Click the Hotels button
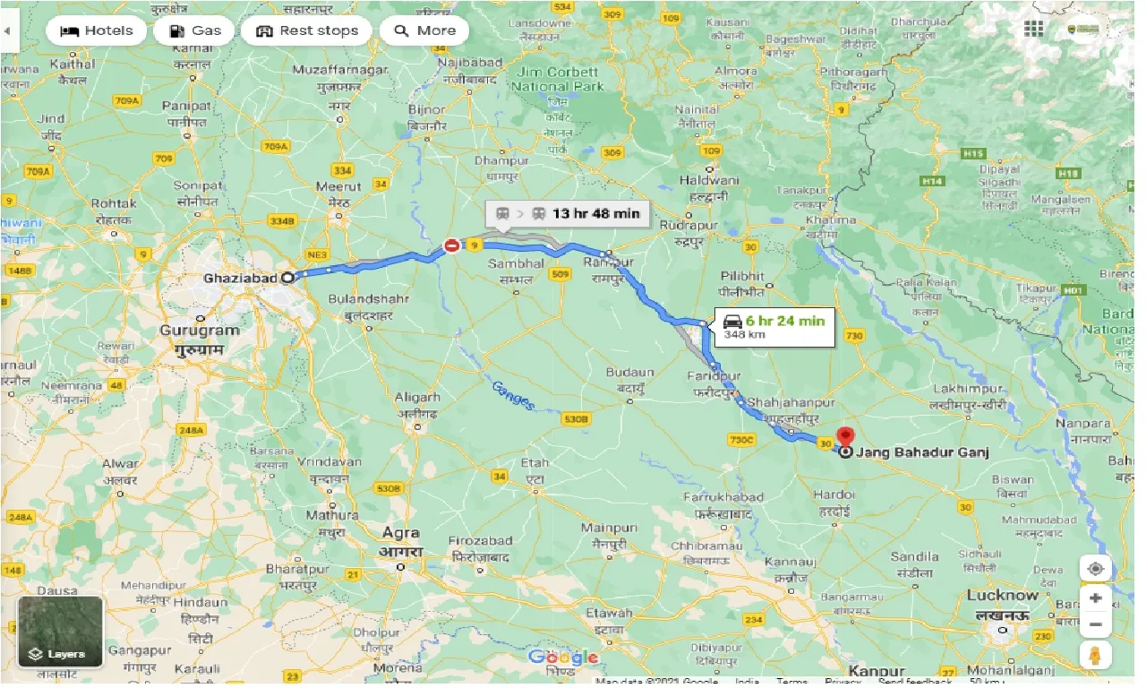click(x=96, y=30)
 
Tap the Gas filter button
click(x=194, y=30)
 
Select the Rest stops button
click(x=306, y=30)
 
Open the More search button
click(x=424, y=30)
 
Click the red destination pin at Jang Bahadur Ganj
click(x=844, y=438)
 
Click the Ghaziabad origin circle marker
click(x=287, y=278)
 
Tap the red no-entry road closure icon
click(x=453, y=245)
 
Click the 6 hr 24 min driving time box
click(x=775, y=327)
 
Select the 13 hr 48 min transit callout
click(x=567, y=213)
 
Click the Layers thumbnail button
click(x=61, y=632)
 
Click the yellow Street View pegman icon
click(x=1095, y=656)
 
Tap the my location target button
click(x=1095, y=569)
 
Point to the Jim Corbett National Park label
click(x=557, y=80)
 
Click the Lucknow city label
click(x=1002, y=596)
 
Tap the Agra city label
click(x=400, y=532)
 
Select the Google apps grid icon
click(x=1034, y=30)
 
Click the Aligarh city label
click(x=417, y=398)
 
